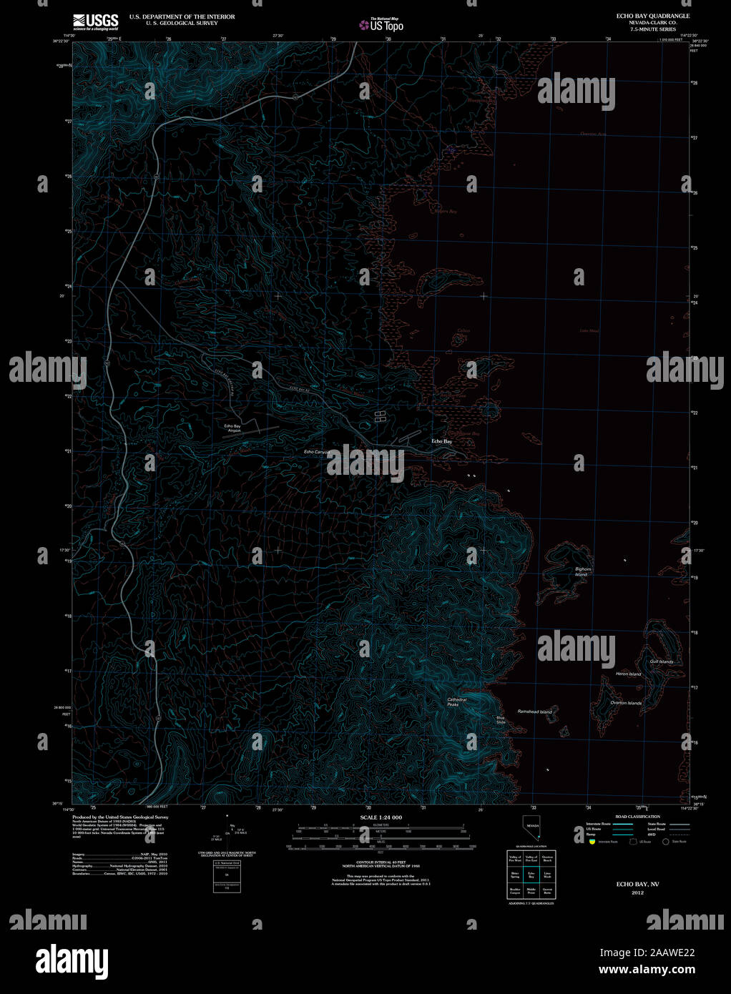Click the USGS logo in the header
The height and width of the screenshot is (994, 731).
pos(95,21)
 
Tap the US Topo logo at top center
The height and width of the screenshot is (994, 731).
pos(381,24)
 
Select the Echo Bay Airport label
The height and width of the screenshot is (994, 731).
pos(234,428)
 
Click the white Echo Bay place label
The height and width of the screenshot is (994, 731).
pos(441,441)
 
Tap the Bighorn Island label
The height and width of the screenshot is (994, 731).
pos(582,572)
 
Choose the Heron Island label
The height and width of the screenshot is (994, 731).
pos(629,674)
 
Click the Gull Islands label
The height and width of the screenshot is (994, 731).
pos(662,661)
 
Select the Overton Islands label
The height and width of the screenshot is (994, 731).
pos(626,703)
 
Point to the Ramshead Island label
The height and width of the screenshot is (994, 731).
pos(534,712)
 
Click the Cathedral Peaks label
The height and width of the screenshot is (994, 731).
pos(456,702)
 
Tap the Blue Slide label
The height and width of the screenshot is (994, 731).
pos(501,720)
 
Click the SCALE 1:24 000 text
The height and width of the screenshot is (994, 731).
pos(381,817)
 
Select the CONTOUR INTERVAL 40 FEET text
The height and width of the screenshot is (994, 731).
pos(381,862)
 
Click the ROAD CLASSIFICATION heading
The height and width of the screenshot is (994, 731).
pos(637,816)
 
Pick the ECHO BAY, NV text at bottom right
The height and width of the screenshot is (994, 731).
pos(637,884)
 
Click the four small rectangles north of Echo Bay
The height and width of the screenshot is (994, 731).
pos(381,416)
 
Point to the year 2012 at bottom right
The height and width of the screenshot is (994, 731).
pos(637,892)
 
